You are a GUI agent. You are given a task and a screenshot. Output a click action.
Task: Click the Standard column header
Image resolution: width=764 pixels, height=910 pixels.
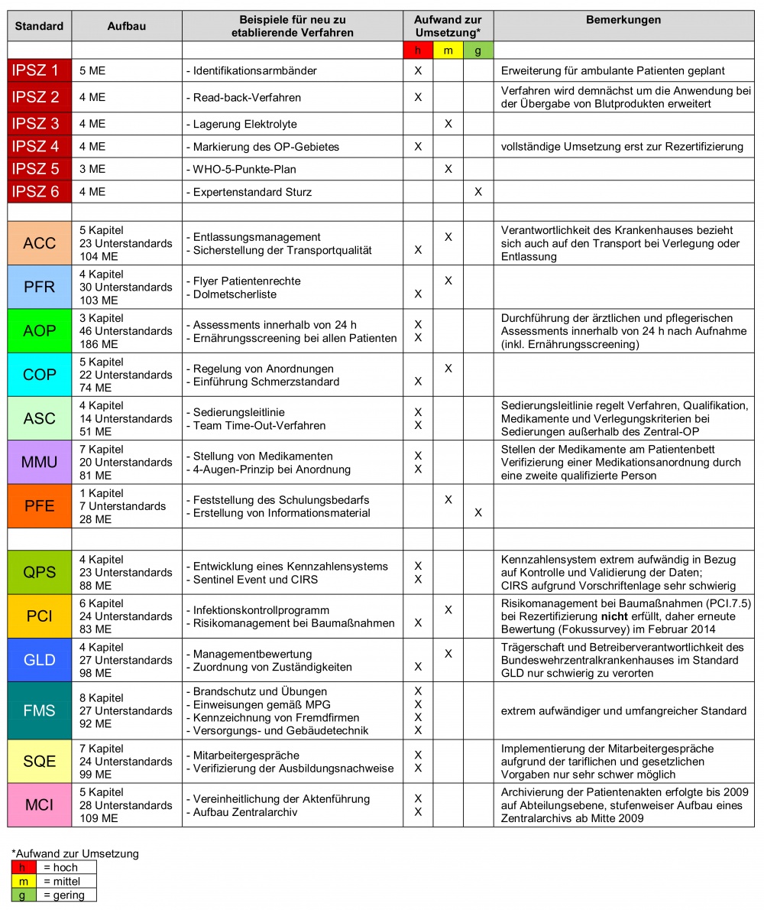point(39,26)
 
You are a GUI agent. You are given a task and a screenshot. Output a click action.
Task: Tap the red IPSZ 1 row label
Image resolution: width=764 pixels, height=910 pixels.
point(39,71)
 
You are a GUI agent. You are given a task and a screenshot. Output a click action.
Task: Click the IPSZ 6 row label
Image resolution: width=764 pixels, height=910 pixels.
point(39,192)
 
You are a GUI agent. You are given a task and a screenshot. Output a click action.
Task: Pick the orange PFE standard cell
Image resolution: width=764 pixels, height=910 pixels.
point(39,506)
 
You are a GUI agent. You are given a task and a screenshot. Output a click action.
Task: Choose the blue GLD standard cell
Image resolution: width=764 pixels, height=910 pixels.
point(39,660)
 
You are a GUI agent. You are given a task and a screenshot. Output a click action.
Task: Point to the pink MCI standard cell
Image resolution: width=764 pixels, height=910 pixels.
point(39,805)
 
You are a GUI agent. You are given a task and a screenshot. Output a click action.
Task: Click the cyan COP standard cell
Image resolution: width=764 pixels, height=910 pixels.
point(39,375)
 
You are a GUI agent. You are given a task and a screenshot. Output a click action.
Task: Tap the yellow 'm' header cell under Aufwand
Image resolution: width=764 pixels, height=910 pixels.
point(448,50)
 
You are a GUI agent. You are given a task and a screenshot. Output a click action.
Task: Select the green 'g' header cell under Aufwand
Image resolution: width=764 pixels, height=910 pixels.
point(478,50)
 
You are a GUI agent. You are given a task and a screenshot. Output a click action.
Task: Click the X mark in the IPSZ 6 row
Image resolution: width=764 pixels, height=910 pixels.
point(478,192)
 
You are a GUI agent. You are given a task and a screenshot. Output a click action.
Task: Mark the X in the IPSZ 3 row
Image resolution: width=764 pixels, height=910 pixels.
point(448,124)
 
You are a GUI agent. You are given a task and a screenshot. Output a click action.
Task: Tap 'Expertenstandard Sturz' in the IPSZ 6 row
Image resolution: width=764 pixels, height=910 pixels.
point(252,192)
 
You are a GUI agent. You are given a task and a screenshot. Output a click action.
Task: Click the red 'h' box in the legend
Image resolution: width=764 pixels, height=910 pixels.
point(24,868)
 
